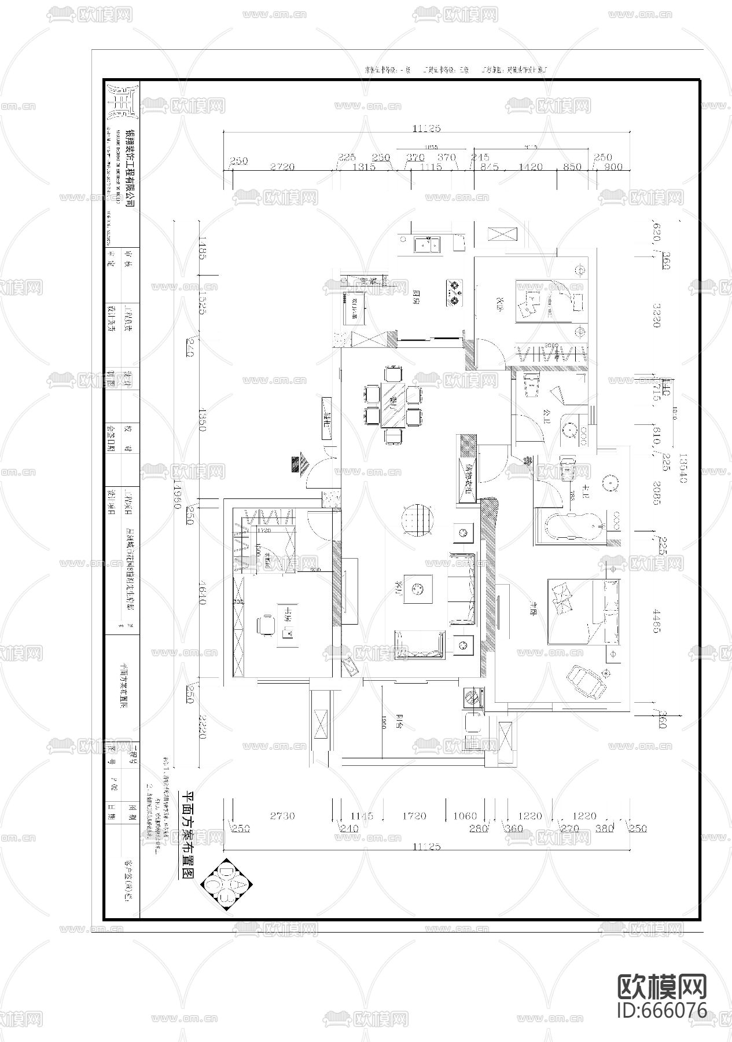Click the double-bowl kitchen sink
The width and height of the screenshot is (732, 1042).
coord(427,245)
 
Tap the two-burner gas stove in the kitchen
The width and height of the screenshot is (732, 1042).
coord(455,292)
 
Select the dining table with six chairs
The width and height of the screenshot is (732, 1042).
coord(394,405)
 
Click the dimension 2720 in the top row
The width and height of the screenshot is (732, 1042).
coord(282,167)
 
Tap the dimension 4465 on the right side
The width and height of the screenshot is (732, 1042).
coord(656,620)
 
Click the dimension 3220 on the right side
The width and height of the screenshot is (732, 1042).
coord(656,314)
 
